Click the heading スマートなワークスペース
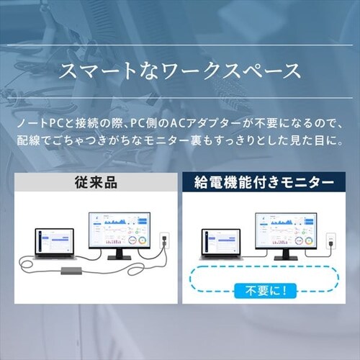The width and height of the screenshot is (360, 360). pyautogui.click(x=180, y=71)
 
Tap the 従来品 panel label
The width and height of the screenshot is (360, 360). pyautogui.click(x=96, y=183)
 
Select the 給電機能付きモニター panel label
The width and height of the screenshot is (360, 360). pyautogui.click(x=264, y=183)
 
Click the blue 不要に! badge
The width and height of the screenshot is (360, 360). pyautogui.click(x=266, y=291)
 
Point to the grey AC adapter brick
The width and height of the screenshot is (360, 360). pyautogui.click(x=71, y=271)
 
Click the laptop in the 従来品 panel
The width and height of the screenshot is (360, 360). pyautogui.click(x=55, y=243)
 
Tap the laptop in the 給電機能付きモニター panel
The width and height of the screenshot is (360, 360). pyautogui.click(x=221, y=244)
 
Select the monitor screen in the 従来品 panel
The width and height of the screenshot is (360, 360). pyautogui.click(x=120, y=230)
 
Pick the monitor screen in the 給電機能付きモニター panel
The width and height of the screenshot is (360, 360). pyautogui.click(x=286, y=230)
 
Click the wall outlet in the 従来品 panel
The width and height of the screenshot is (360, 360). pyautogui.click(x=165, y=240)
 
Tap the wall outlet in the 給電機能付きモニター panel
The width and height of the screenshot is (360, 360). pyautogui.click(x=331, y=240)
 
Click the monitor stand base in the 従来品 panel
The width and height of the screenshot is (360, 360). pyautogui.click(x=120, y=258)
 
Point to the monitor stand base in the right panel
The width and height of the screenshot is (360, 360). pyautogui.click(x=286, y=258)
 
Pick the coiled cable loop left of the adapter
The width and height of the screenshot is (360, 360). pyautogui.click(x=26, y=264)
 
